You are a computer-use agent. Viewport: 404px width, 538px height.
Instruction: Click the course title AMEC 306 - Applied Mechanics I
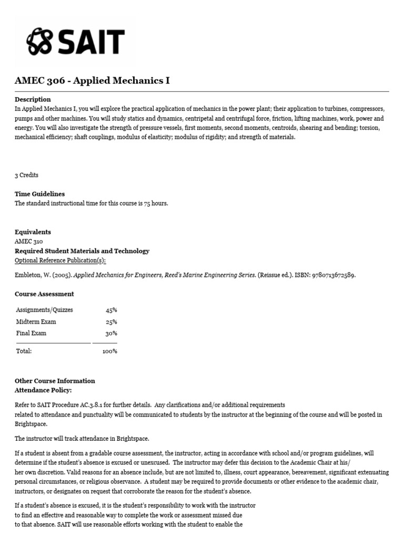pyautogui.click(x=92, y=81)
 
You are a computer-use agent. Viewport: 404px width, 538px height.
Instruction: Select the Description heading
pyautogui.click(x=33, y=99)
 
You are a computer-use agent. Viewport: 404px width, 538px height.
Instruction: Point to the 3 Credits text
pyautogui.click(x=26, y=175)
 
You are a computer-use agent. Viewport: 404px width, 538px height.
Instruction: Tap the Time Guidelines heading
pyautogui.click(x=39, y=194)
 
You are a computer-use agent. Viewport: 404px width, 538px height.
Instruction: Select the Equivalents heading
pyautogui.click(x=33, y=232)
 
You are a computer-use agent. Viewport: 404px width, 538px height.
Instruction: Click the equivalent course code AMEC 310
pyautogui.click(x=29, y=242)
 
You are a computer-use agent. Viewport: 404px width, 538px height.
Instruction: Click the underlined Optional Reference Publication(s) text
pyautogui.click(x=64, y=261)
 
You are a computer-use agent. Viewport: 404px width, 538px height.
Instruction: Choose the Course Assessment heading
pyautogui.click(x=44, y=294)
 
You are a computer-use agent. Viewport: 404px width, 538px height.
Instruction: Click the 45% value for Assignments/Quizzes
pyautogui.click(x=111, y=310)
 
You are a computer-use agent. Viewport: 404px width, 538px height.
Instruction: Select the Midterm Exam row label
pyautogui.click(x=36, y=322)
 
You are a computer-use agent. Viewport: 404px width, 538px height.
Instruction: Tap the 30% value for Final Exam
pyautogui.click(x=111, y=333)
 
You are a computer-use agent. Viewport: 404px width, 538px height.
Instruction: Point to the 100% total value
pyautogui.click(x=109, y=351)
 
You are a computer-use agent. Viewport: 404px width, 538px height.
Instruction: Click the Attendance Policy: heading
pyautogui.click(x=43, y=390)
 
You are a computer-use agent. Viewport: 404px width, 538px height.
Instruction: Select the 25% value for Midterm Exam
pyautogui.click(x=111, y=322)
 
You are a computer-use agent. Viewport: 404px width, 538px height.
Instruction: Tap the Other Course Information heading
pyautogui.click(x=55, y=381)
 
